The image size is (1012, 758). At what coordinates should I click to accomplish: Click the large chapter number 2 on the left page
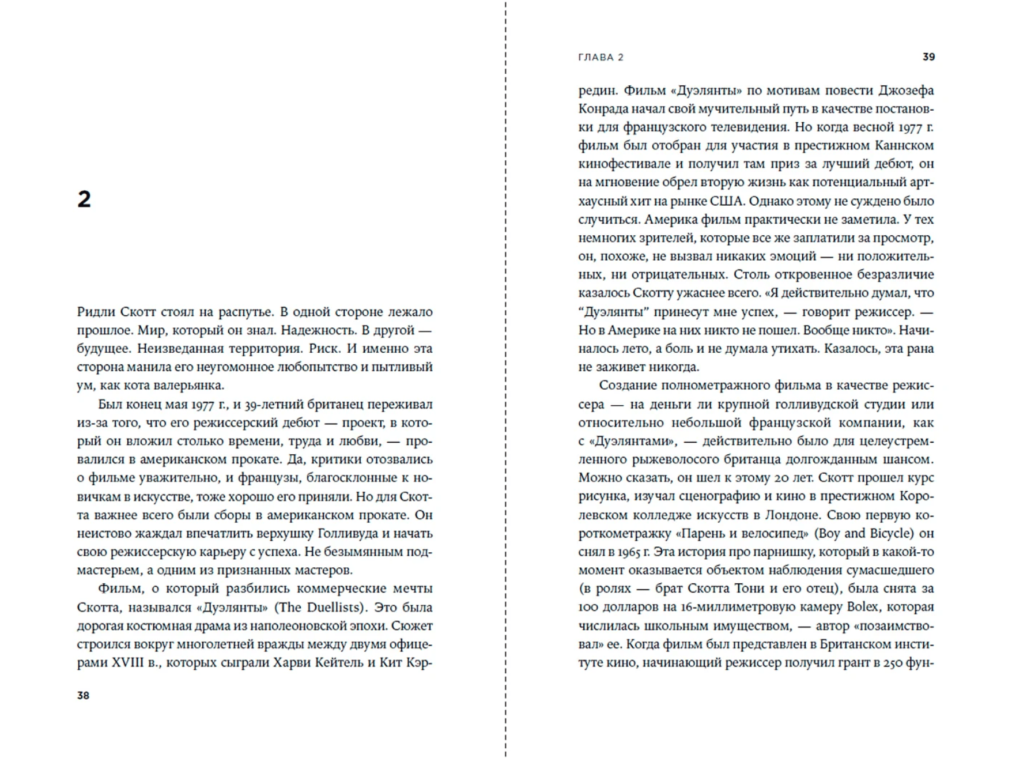coord(84,199)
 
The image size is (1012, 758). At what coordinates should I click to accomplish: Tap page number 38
coord(83,695)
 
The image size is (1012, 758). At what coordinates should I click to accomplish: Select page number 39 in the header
coord(928,56)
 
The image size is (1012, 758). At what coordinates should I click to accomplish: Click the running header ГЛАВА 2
coord(601,57)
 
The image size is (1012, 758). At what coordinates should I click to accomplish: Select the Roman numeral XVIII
coord(127,662)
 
